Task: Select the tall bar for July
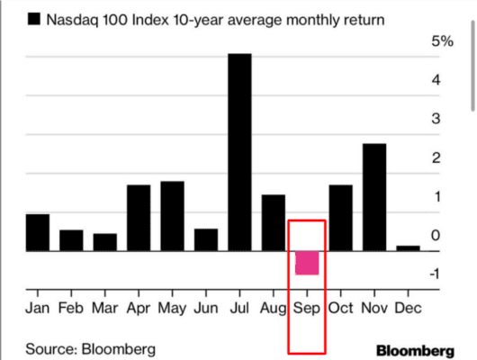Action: coord(239,152)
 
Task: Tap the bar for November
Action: coord(375,197)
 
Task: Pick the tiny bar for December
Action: coord(408,247)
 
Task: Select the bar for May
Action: coord(172,216)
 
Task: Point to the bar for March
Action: coord(105,242)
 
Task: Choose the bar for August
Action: coord(273,222)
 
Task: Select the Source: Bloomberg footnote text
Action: coord(90,347)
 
